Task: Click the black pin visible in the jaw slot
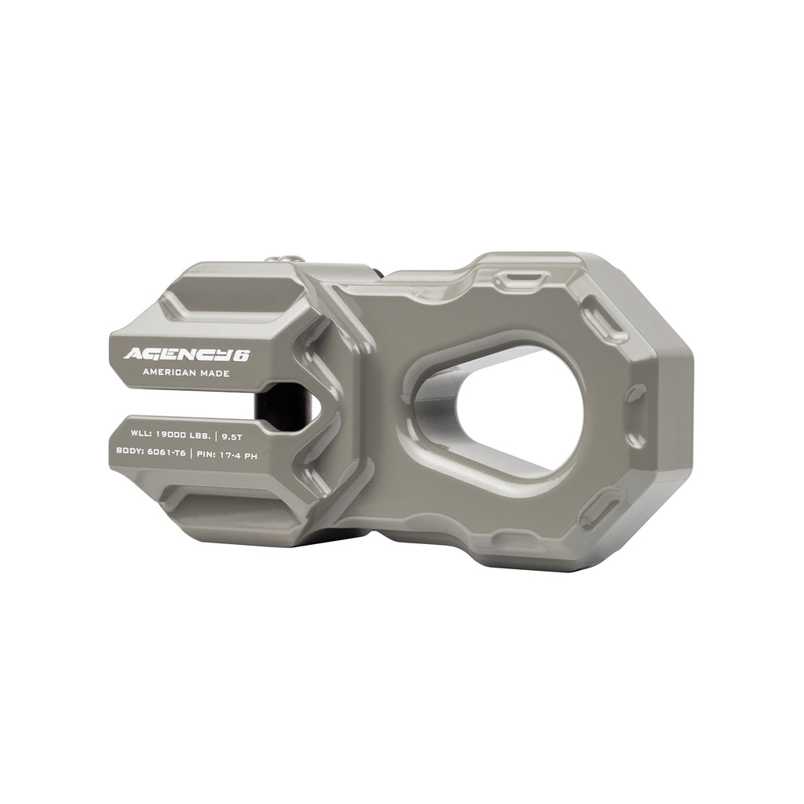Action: point(279,404)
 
